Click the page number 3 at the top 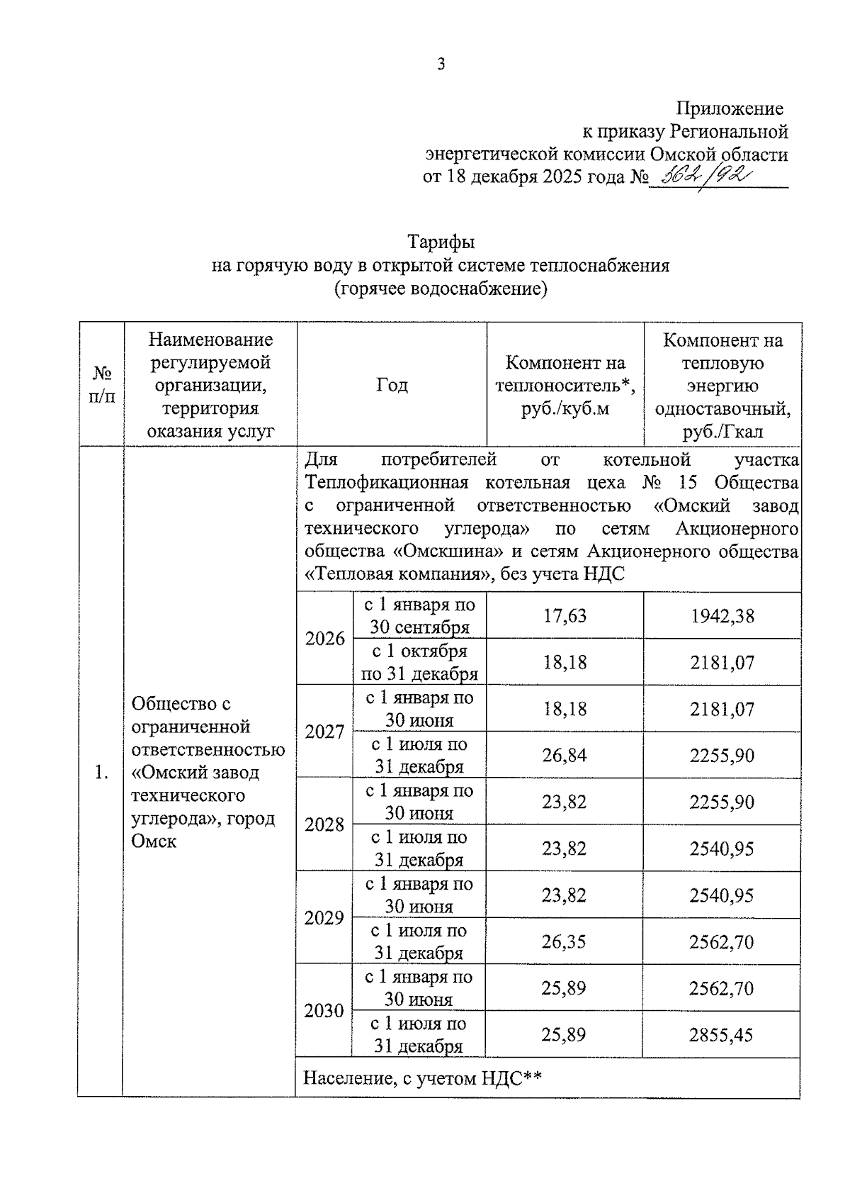441,65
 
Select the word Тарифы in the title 441,242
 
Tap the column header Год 392,385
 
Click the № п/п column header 101,385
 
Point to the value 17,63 565,615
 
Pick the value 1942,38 722,615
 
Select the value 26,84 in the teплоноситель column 565,755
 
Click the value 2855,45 721,1034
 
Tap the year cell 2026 324,638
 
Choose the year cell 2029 324,917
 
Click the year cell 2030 324,1010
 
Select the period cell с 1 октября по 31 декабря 419,662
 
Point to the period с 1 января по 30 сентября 419,615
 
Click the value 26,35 564,941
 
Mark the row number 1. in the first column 101,772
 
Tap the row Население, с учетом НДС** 423,1078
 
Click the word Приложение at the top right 730,108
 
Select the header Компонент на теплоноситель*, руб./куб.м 565,385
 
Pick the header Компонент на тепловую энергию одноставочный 722,385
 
